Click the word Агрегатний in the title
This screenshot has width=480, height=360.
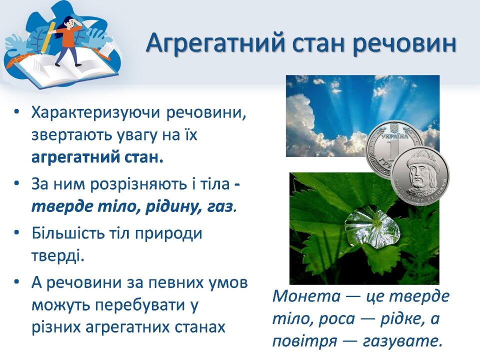coord(215,44)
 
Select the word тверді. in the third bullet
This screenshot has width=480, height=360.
coord(58,256)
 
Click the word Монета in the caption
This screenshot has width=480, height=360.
coord(306,296)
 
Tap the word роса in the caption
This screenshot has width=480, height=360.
coord(336,319)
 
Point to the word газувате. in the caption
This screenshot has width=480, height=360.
coord(403,341)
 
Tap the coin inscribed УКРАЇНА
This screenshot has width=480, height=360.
coord(391,144)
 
